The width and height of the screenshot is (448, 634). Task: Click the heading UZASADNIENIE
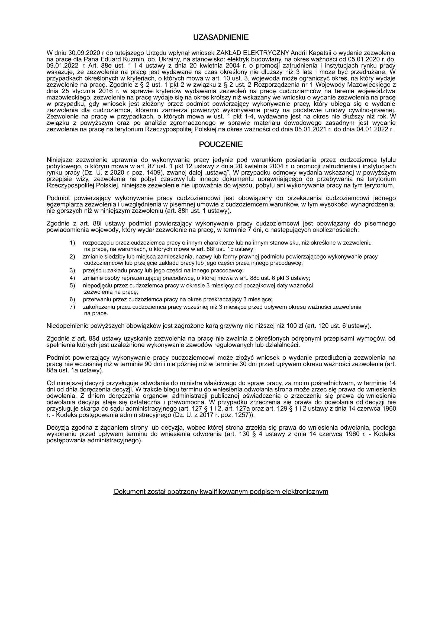pyautogui.click(x=221, y=38)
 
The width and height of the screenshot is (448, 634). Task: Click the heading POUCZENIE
pyautogui.click(x=221, y=144)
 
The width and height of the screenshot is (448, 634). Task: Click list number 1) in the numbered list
pyautogui.click(x=72, y=243)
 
